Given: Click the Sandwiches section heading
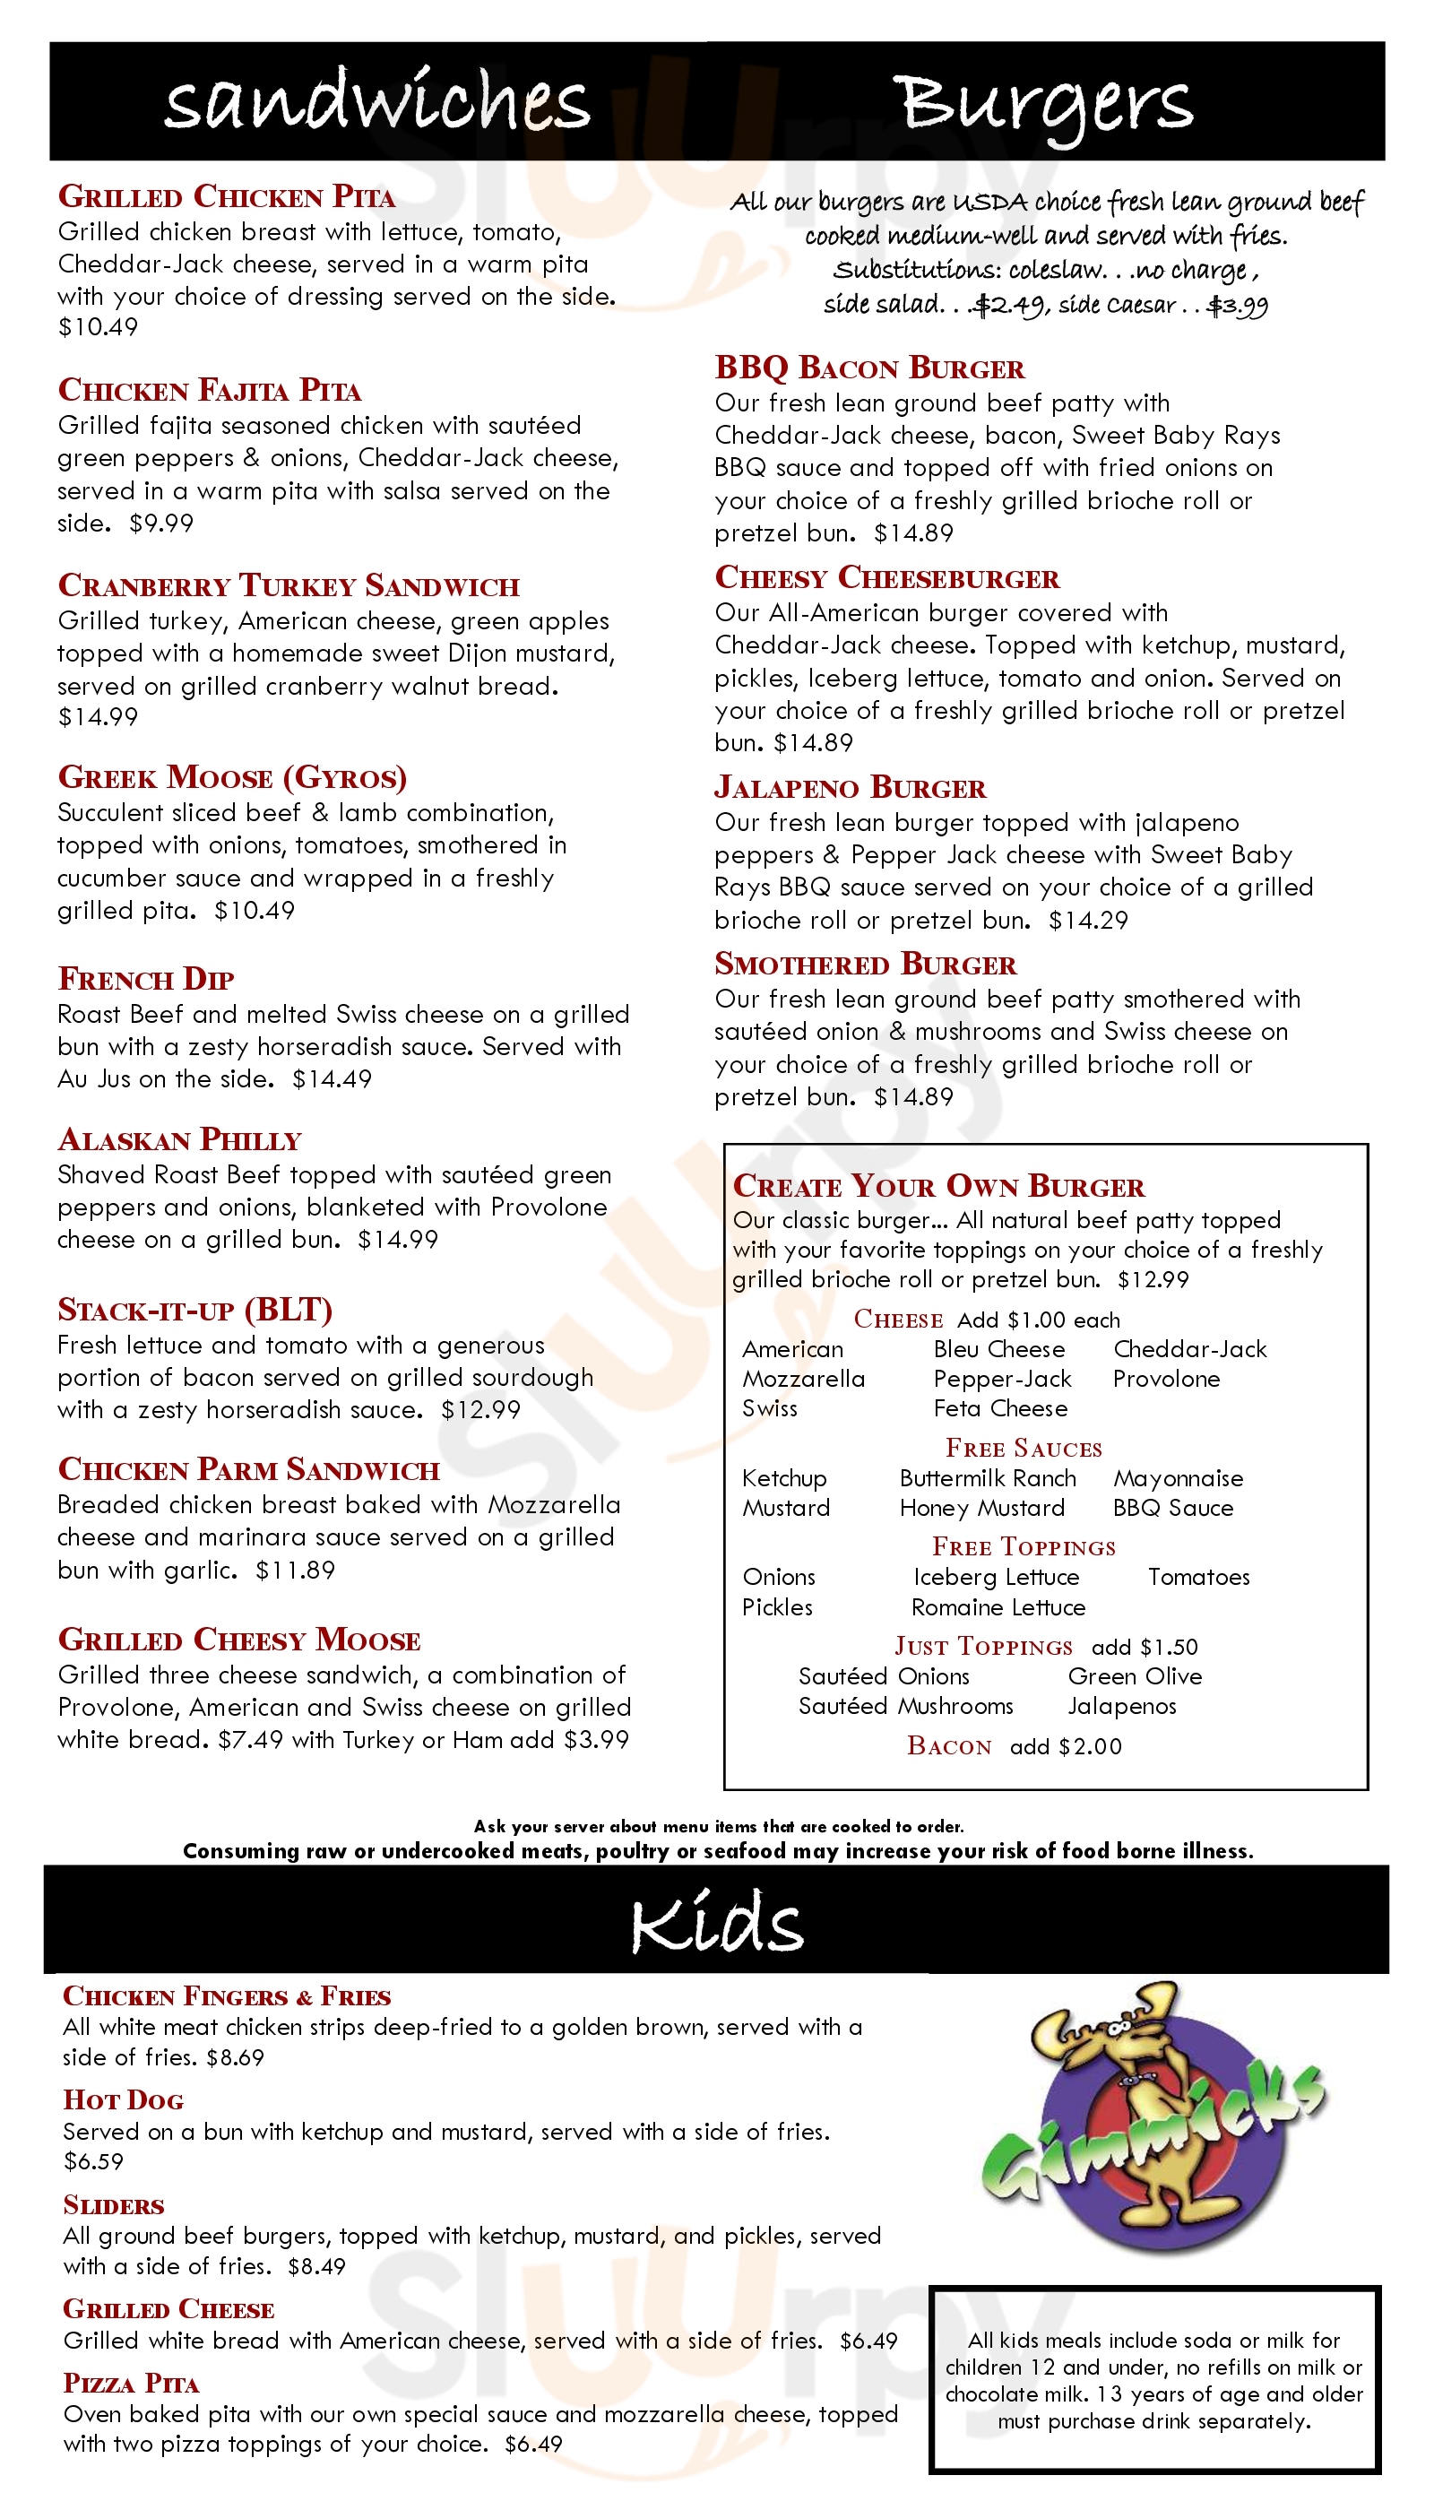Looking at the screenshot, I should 376,100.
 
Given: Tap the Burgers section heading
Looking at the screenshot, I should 1043,102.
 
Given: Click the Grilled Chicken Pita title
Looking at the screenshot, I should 227,196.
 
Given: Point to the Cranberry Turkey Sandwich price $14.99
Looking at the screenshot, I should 98,717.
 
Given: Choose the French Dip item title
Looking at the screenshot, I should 146,978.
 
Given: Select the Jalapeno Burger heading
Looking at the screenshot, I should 850,787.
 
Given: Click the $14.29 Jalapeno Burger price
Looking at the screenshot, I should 1088,920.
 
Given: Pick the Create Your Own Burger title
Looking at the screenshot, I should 938,1186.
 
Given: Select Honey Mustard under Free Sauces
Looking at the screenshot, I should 982,1507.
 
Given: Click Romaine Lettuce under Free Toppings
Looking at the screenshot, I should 998,1606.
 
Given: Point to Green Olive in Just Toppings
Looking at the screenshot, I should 1135,1675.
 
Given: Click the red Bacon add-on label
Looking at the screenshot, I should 949,1745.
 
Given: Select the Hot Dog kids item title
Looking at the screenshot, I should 123,2100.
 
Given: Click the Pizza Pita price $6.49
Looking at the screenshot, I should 533,2444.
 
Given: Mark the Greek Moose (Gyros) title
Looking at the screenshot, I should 232,777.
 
